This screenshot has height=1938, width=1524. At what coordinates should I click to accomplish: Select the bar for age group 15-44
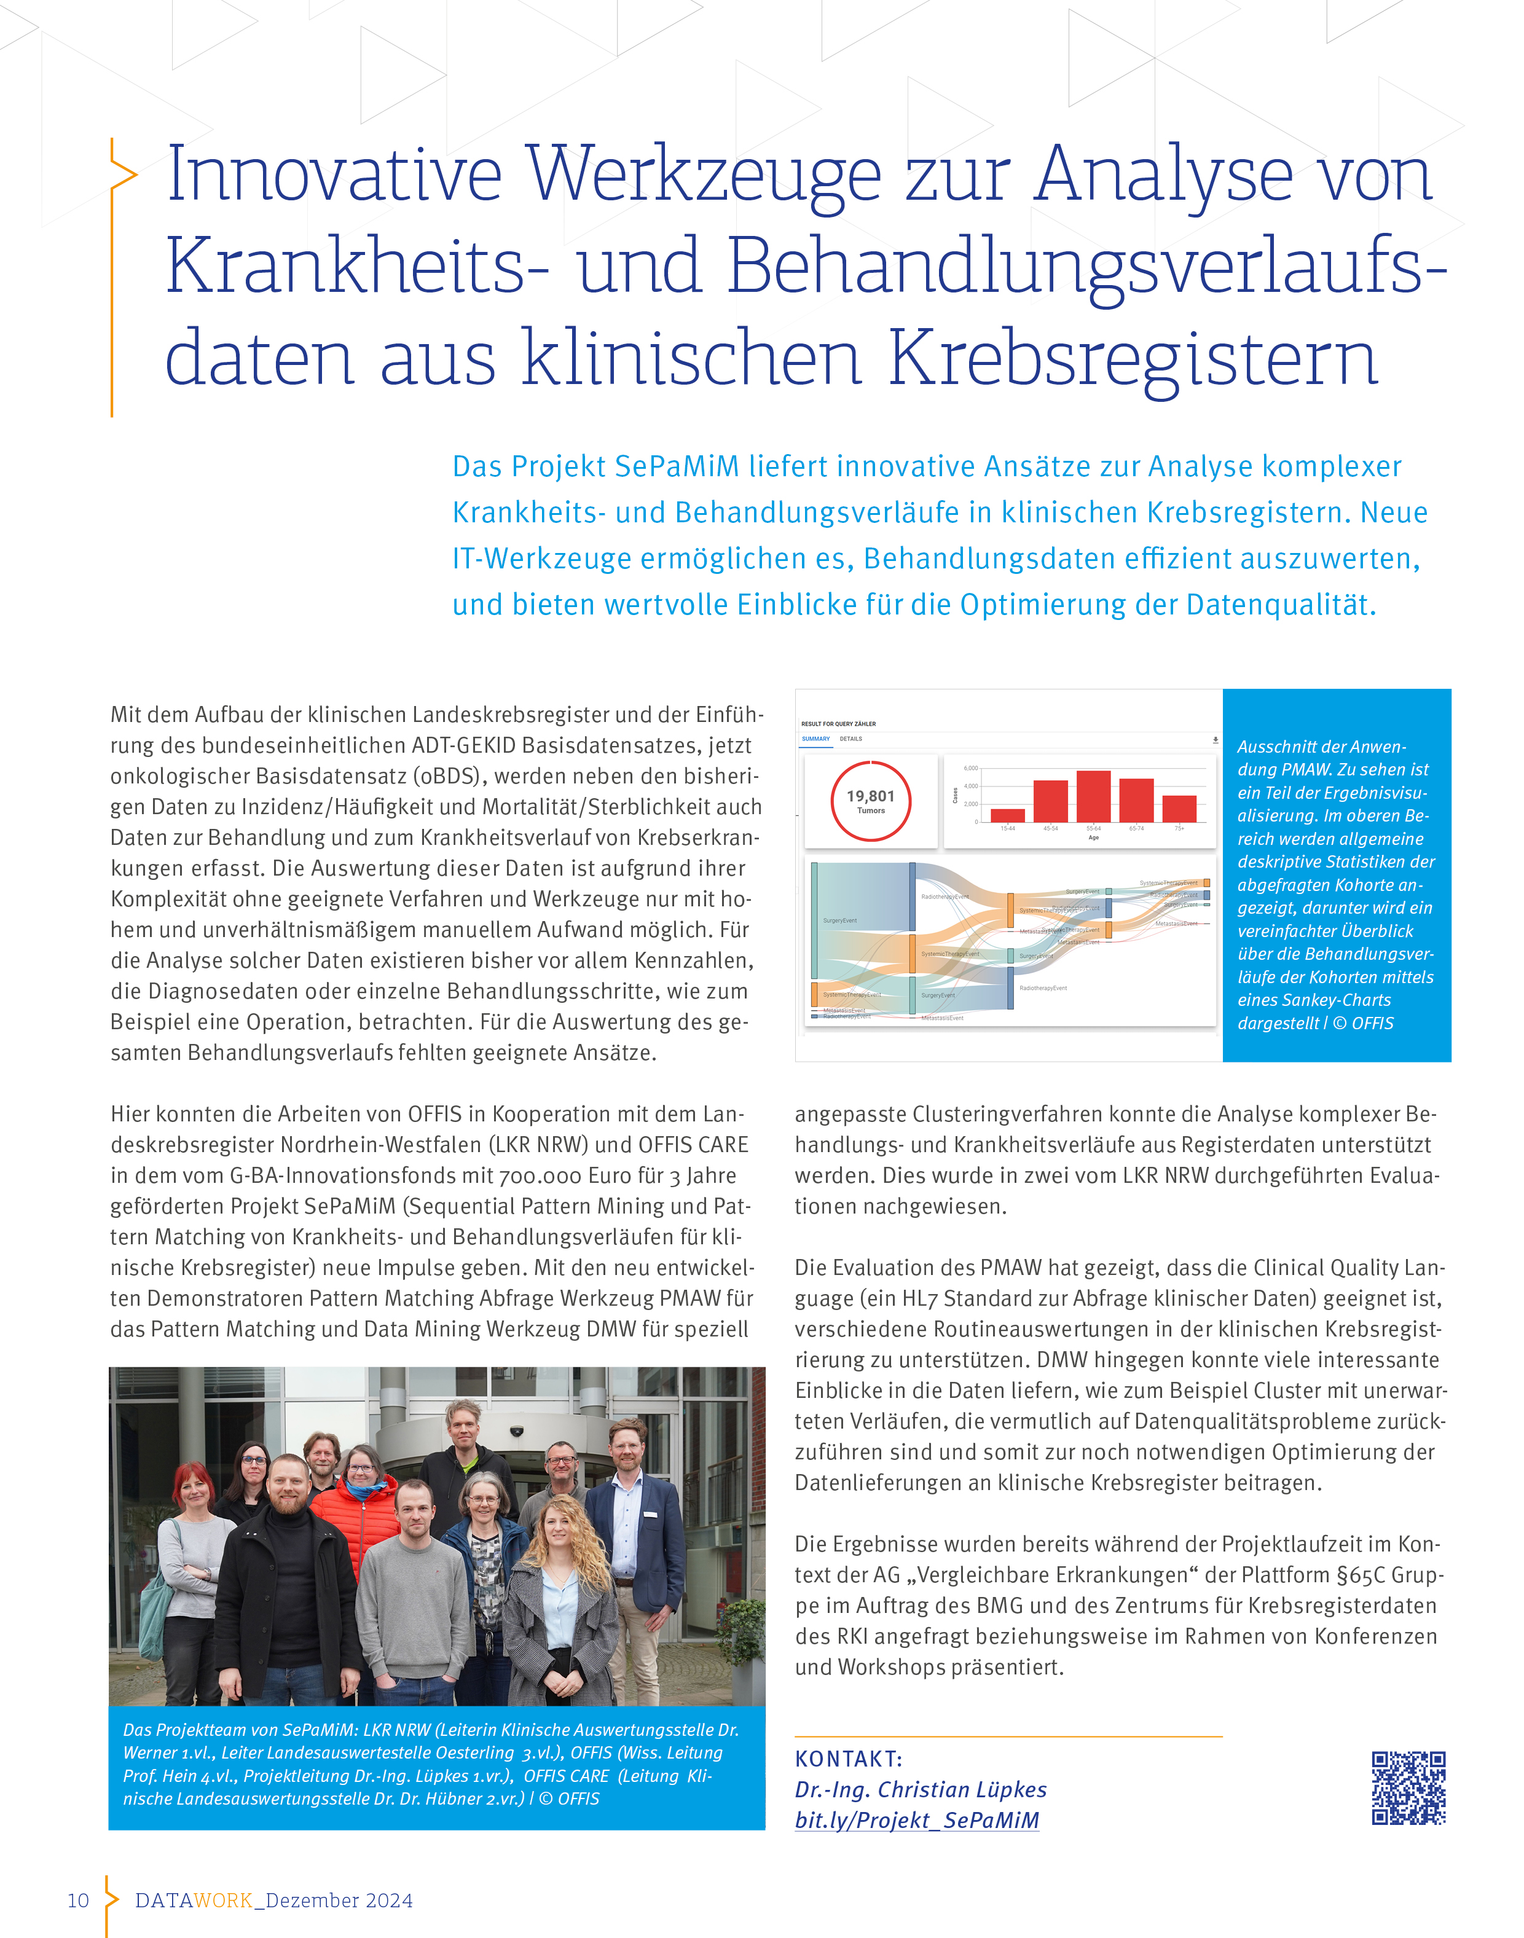[x=1007, y=815]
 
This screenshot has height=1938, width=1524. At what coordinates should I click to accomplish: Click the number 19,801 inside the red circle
[x=870, y=796]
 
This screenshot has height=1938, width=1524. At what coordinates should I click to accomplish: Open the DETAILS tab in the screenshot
[x=850, y=739]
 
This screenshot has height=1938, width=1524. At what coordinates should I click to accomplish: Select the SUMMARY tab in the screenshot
[x=815, y=739]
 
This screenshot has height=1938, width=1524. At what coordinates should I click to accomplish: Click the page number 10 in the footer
[x=79, y=1901]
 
